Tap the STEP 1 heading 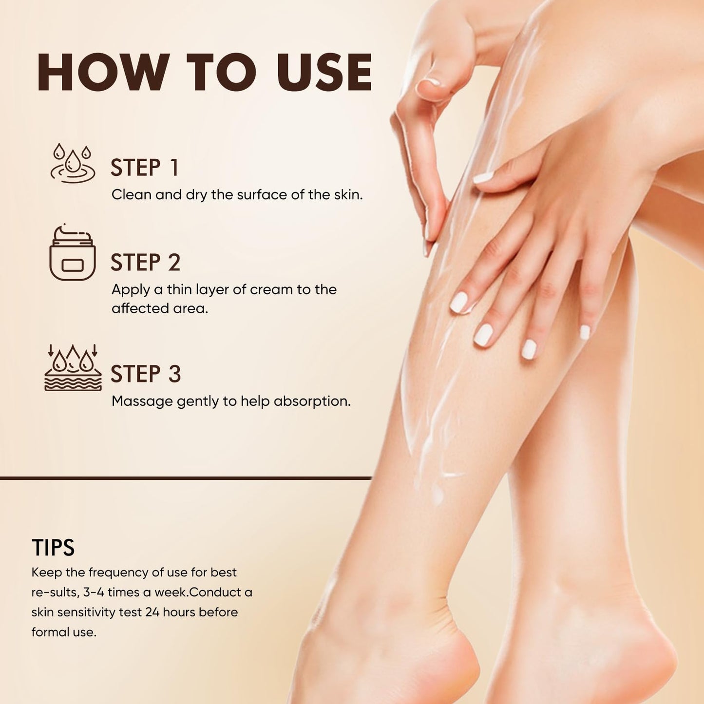(x=145, y=168)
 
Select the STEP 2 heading (x=146, y=262)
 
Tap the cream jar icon (x=72, y=252)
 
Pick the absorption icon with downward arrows (x=73, y=367)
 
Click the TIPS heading (x=53, y=547)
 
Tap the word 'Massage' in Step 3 (x=142, y=402)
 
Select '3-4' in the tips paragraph (x=94, y=592)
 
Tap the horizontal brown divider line (x=186, y=478)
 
